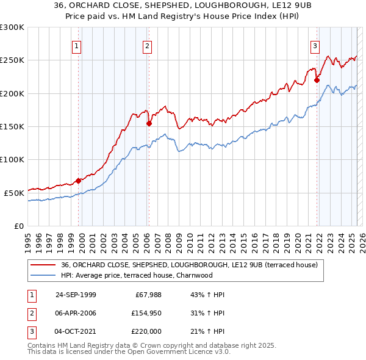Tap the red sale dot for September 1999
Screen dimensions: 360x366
pos(79,181)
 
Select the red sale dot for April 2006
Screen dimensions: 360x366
pos(149,123)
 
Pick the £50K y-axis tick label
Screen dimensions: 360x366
pos(14,193)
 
